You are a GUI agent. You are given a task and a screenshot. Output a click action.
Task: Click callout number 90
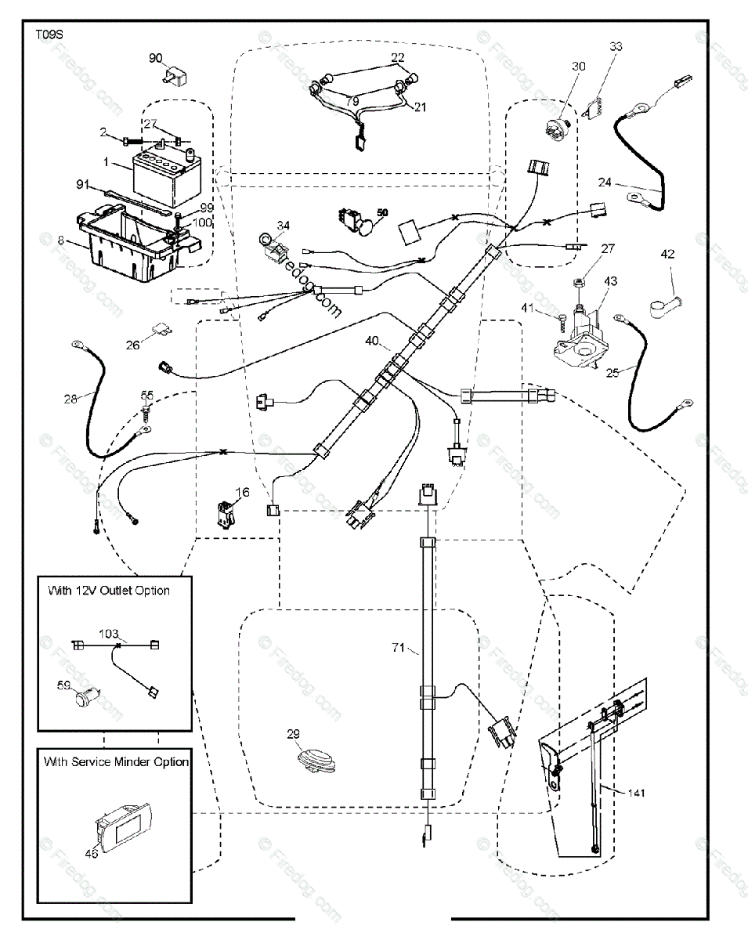(155, 57)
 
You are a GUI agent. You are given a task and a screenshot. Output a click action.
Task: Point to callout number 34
(283, 226)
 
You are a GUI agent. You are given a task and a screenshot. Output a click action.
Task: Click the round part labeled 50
(365, 226)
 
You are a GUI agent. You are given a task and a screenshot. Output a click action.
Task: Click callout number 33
(616, 47)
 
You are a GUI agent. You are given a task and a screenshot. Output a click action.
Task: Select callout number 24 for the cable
(605, 183)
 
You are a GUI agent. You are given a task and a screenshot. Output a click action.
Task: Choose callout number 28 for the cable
(71, 399)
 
